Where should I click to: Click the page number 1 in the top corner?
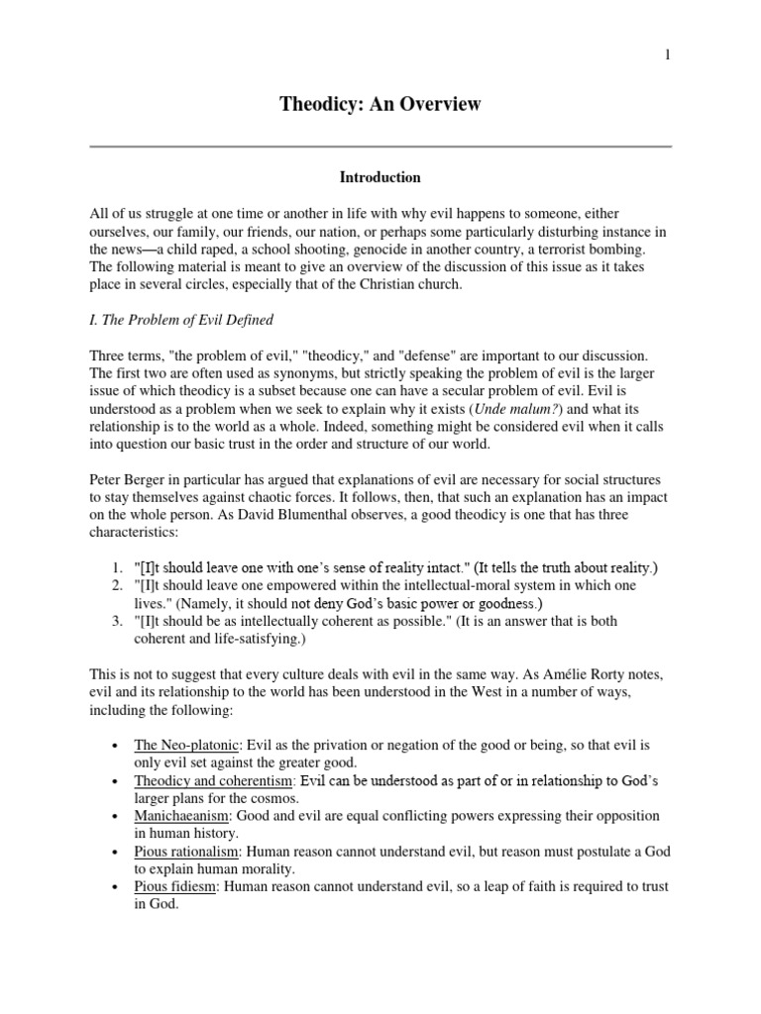pyautogui.click(x=667, y=55)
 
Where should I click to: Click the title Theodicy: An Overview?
pyautogui.click(x=380, y=104)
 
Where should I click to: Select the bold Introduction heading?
pyautogui.click(x=380, y=178)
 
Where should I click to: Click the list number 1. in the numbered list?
pyautogui.click(x=113, y=568)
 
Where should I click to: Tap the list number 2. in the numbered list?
pyautogui.click(x=113, y=586)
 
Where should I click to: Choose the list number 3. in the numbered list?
pyautogui.click(x=113, y=622)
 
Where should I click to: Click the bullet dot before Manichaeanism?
pyautogui.click(x=117, y=818)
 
